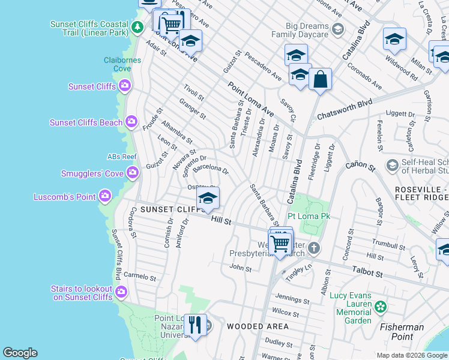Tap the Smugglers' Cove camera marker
(132, 173)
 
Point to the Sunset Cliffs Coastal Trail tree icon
(137, 27)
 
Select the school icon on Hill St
(208, 199)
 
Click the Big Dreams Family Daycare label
(307, 31)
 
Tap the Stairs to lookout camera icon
(121, 292)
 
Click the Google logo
(20, 353)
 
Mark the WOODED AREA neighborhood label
(258, 326)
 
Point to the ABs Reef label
(122, 157)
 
